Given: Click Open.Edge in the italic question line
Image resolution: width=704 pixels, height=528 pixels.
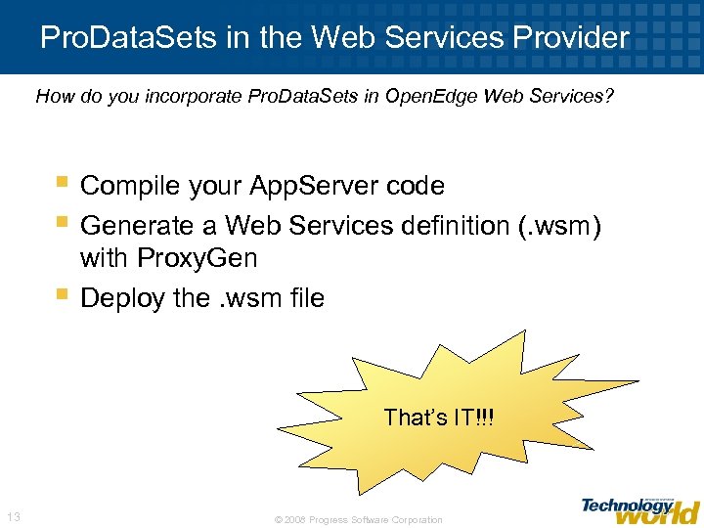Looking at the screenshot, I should [415, 97].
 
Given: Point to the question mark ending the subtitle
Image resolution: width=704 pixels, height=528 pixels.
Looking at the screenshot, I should [609, 97].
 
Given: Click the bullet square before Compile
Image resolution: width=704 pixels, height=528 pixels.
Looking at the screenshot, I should [63, 182].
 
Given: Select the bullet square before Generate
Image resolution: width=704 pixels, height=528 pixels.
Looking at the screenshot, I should [63, 222].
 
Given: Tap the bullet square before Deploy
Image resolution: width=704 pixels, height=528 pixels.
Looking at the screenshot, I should [63, 294].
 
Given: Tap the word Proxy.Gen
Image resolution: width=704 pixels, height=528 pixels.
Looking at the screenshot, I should [198, 259].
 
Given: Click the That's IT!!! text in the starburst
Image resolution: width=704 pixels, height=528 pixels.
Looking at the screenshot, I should [439, 418].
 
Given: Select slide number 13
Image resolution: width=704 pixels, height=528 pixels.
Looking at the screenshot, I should [14, 517].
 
